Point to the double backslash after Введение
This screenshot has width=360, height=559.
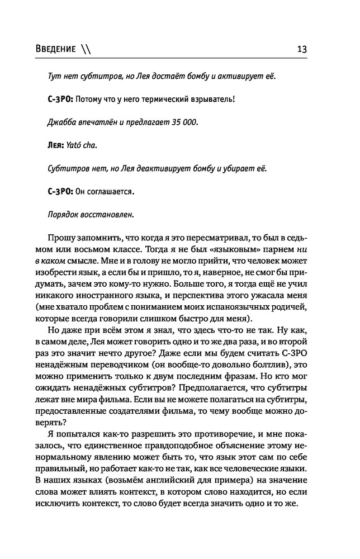point(84,49)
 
